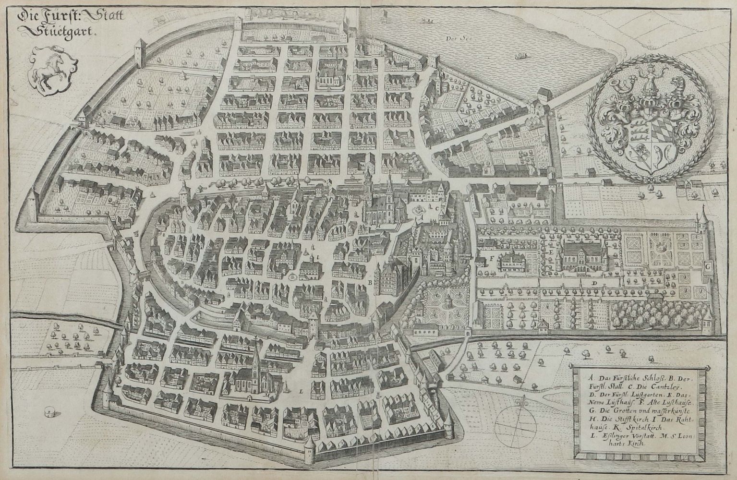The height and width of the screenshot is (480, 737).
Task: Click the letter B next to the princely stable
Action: pos(370,283)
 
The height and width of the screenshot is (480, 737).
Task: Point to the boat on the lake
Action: pos(519,56)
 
